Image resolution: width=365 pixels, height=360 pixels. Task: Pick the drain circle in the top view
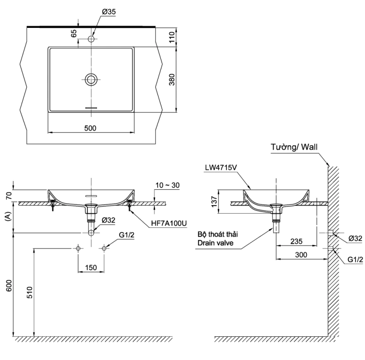pos(91,79)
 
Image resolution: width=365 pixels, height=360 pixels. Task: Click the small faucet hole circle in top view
pos(91,38)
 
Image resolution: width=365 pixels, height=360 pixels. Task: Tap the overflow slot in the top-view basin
pos(91,108)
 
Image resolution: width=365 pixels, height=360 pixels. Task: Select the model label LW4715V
pos(220,167)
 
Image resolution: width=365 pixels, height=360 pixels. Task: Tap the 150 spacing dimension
pos(91,268)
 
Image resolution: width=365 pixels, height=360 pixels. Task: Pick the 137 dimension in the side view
pos(214,202)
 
